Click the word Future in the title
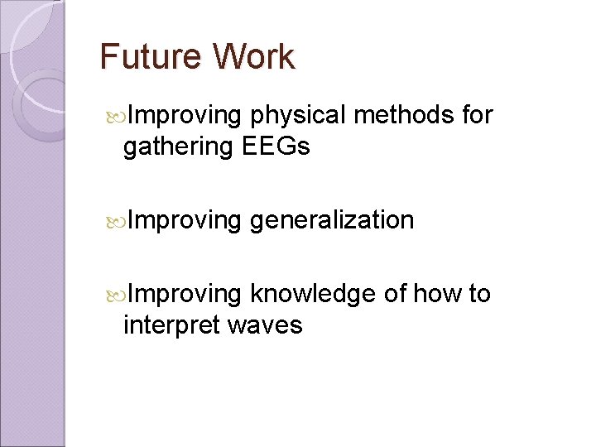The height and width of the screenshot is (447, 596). pyautogui.click(x=150, y=57)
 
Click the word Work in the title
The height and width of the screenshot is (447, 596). pyautogui.click(x=252, y=57)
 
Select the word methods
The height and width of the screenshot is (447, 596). pyautogui.click(x=405, y=115)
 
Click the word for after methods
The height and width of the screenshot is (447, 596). pyautogui.click(x=478, y=115)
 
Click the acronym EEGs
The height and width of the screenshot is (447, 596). pyautogui.click(x=276, y=147)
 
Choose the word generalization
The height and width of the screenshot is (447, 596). pyautogui.click(x=331, y=221)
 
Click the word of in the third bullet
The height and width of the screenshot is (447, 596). pyautogui.click(x=395, y=294)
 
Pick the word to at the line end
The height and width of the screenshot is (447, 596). pyautogui.click(x=479, y=294)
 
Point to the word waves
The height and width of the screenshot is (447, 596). pyautogui.click(x=264, y=326)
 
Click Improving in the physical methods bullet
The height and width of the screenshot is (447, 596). pyautogui.click(x=184, y=116)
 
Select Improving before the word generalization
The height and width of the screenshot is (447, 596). pyautogui.click(x=184, y=221)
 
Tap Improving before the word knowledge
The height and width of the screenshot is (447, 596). pyautogui.click(x=184, y=295)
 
